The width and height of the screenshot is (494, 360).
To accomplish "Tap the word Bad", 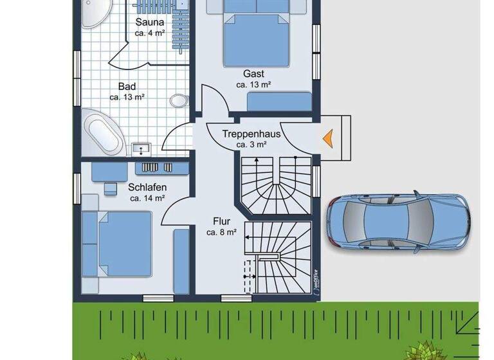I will click(x=127, y=86).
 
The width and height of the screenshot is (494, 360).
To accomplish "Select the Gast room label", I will click(x=253, y=73).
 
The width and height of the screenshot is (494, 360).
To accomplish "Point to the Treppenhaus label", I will click(x=252, y=134).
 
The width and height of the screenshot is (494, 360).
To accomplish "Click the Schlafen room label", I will click(x=147, y=187).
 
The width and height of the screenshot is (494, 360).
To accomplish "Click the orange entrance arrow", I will click(x=328, y=137).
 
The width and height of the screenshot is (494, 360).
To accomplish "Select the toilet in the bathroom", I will click(x=178, y=100).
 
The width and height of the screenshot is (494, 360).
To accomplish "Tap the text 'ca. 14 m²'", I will click(x=148, y=198).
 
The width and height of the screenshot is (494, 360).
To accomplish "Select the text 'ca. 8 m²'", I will click(x=221, y=231).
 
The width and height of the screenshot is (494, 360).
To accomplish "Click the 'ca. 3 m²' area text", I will click(x=251, y=145).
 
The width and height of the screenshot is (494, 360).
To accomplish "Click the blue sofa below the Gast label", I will click(x=279, y=102).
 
